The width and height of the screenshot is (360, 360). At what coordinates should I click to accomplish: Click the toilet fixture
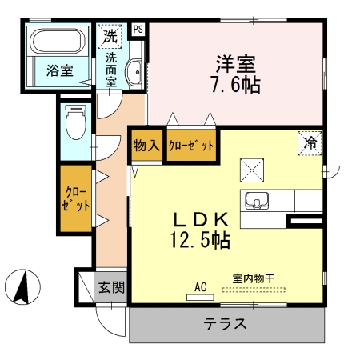pyautogui.click(x=77, y=125)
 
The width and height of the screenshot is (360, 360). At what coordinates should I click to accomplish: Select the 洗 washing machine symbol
pyautogui.click(x=110, y=36)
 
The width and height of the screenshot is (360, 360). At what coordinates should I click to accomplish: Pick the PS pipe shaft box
pyautogui.click(x=138, y=30)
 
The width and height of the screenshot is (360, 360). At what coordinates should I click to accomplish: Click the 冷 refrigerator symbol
pyautogui.click(x=310, y=142)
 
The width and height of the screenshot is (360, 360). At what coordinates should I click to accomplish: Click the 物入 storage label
pyautogui.click(x=146, y=146)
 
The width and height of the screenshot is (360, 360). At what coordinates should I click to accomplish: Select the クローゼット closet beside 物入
pyautogui.click(x=191, y=146)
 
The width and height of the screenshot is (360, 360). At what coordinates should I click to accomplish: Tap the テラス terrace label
pyautogui.click(x=224, y=325)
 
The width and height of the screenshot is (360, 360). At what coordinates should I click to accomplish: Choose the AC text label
pyautogui.click(x=200, y=285)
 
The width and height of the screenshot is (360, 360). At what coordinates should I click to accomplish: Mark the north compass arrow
pyautogui.click(x=25, y=288)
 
